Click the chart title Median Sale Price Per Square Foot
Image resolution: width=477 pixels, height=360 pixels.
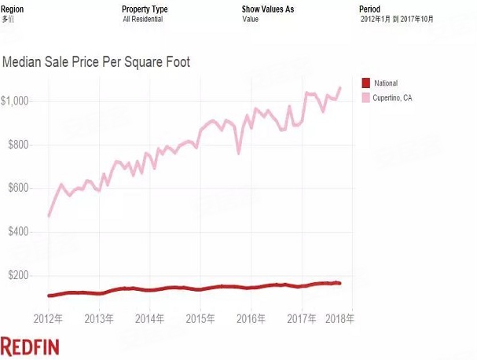[x=97, y=61]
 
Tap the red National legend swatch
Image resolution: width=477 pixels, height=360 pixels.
[x=365, y=83]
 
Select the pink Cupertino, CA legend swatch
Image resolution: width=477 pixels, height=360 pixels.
[x=365, y=97]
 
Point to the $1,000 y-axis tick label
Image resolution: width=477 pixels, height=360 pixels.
[x=15, y=101]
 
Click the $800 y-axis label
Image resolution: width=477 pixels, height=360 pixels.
[x=18, y=145]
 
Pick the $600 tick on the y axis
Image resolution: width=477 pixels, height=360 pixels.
[x=18, y=189]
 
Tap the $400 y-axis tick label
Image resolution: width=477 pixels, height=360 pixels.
[x=18, y=232]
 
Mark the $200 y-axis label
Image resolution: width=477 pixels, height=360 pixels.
[x=18, y=276]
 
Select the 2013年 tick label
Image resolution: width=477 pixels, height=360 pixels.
[x=100, y=319]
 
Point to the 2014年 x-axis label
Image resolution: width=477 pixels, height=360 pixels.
[x=150, y=319]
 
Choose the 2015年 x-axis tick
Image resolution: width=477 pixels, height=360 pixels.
[x=200, y=319]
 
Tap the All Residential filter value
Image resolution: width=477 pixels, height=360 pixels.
[x=143, y=19]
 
